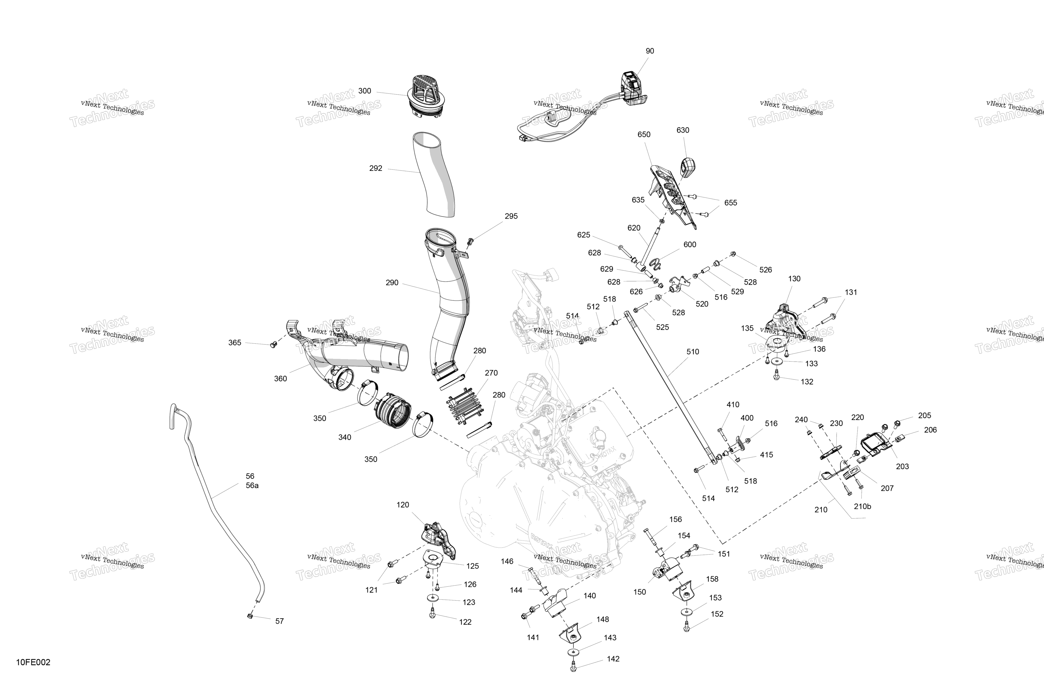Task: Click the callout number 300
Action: [x=365, y=91]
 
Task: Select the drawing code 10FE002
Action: [x=33, y=662]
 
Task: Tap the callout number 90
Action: [x=650, y=51]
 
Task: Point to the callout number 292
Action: [x=375, y=168]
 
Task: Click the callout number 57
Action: [x=279, y=621]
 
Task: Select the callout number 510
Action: [x=693, y=351]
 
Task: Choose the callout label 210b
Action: [x=862, y=506]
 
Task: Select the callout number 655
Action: [x=730, y=203]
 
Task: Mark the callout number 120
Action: [x=403, y=505]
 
